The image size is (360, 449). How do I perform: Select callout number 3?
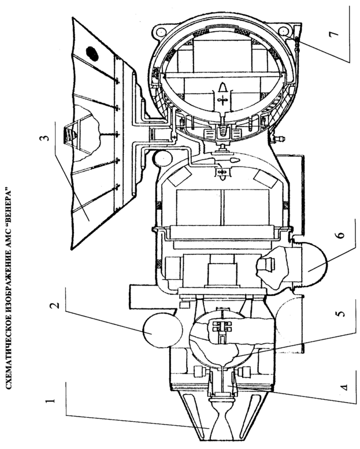pos(45,138)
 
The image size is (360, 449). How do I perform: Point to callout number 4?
pos(345,387)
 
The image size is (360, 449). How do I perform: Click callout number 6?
pos(341,235)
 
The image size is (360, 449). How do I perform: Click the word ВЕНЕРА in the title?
pos(8,208)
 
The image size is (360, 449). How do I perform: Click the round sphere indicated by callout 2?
pos(163,331)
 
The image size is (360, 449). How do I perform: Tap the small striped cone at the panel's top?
pos(69,134)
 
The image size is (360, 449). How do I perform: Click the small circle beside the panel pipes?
pos(162,158)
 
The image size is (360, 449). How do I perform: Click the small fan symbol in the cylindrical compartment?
pos(221,172)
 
